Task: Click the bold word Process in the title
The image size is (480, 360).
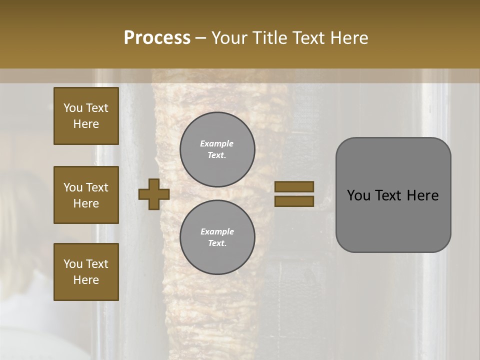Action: coord(157,38)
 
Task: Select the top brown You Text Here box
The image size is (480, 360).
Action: coord(86,116)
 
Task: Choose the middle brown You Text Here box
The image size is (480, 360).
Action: coord(86,195)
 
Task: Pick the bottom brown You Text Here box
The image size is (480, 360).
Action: coord(86,272)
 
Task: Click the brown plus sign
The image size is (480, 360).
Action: coord(154,194)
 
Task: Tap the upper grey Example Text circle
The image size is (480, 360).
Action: coord(217,149)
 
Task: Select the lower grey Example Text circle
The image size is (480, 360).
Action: coord(217,237)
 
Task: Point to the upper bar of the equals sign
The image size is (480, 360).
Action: coord(294,187)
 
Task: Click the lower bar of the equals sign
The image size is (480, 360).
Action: coord(294,201)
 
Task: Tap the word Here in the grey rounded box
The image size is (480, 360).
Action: coord(423,195)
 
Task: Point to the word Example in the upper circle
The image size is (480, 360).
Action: coord(217,143)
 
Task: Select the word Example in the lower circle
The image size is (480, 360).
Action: coord(217,231)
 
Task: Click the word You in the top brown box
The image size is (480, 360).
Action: coord(73,108)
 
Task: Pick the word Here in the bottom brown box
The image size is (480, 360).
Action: coord(86,280)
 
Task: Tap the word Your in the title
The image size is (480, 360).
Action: coord(230,38)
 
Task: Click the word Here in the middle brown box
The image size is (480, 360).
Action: coord(86,203)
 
